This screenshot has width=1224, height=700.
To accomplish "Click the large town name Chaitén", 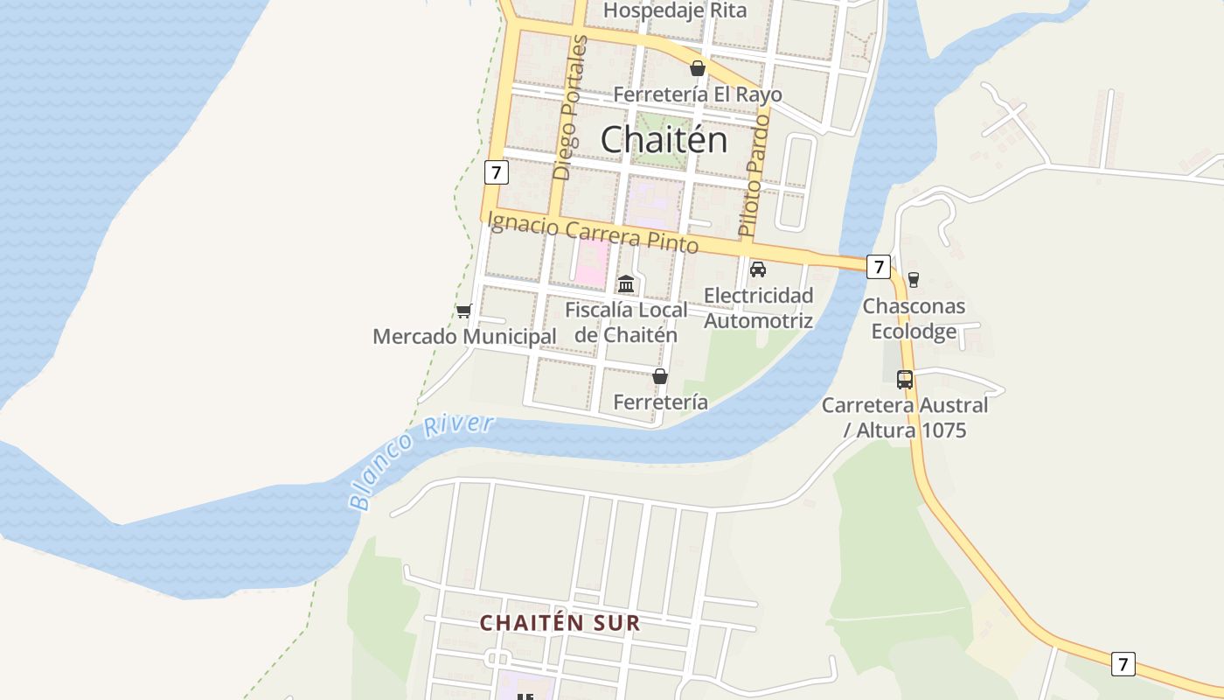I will click(664, 139).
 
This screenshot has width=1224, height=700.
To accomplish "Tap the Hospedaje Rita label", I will click(675, 10).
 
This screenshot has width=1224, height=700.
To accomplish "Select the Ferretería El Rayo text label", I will click(698, 94).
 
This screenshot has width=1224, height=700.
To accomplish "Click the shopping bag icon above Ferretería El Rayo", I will click(698, 68).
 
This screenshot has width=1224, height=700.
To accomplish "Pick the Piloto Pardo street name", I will click(754, 175).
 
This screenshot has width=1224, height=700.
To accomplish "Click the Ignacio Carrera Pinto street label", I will click(593, 232).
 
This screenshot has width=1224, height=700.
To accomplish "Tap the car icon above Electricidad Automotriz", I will click(758, 269).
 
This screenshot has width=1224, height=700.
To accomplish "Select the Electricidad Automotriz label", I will click(759, 308).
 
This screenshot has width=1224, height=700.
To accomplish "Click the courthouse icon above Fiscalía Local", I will click(626, 284).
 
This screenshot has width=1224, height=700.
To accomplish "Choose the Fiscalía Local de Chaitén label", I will click(626, 322).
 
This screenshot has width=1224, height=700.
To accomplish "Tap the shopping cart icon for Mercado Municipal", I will click(464, 311).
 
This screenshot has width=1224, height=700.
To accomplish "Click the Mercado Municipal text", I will click(464, 337).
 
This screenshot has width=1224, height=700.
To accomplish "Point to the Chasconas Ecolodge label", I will click(914, 318).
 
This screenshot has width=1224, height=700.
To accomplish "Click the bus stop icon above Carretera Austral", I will click(905, 380).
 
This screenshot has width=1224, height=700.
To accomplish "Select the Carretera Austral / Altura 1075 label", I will click(905, 417).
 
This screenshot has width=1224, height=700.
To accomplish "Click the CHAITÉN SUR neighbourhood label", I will click(560, 623).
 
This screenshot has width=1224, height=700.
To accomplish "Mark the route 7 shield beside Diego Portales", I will click(496, 172).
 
